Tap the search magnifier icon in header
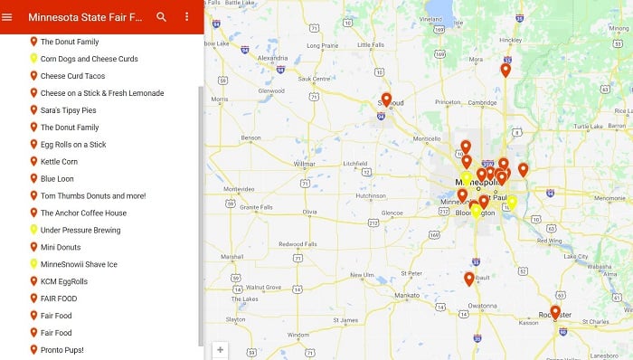click(x=161, y=17)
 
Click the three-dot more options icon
click(x=187, y=17)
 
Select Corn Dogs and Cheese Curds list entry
click(x=89, y=59)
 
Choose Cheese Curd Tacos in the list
click(x=72, y=76)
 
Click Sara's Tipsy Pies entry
click(x=69, y=110)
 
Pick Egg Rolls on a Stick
click(x=73, y=145)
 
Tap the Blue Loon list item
click(x=57, y=179)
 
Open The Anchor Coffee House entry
click(x=83, y=213)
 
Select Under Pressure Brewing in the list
click(x=80, y=231)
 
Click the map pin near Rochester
click(x=555, y=312)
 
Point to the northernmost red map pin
click(x=505, y=70)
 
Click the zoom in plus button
click(x=220, y=349)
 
